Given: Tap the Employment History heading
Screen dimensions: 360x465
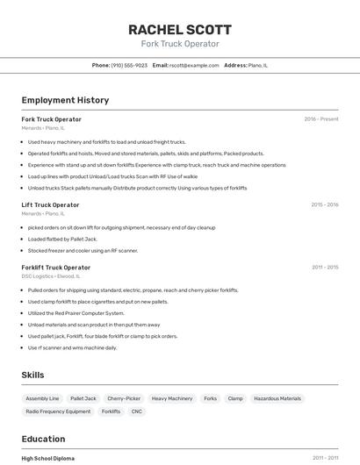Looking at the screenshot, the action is click(65, 100).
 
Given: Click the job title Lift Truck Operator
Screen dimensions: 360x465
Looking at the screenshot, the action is click(50, 204).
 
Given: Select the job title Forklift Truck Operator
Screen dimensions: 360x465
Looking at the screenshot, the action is click(55, 268).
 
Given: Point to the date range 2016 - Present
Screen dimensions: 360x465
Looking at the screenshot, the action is click(320, 119).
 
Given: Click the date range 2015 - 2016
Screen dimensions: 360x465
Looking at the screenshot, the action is click(324, 204).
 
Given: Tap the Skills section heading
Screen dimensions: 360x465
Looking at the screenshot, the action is click(32, 375).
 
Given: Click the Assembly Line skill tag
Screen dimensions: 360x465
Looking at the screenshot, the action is click(42, 398).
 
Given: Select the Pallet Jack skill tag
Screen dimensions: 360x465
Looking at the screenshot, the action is click(83, 398).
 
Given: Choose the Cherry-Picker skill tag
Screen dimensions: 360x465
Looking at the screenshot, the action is click(124, 398).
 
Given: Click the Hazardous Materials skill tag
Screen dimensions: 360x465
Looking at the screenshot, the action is click(277, 398).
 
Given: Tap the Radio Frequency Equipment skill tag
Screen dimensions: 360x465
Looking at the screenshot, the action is click(58, 411).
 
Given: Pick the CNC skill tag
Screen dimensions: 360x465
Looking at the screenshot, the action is click(136, 411).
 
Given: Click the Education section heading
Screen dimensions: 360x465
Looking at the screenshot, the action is click(43, 439).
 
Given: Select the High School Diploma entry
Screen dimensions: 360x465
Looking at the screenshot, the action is click(47, 458).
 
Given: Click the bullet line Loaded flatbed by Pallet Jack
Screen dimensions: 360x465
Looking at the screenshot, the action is click(62, 239).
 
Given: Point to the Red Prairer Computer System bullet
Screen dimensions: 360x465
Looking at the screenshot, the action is click(76, 313).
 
